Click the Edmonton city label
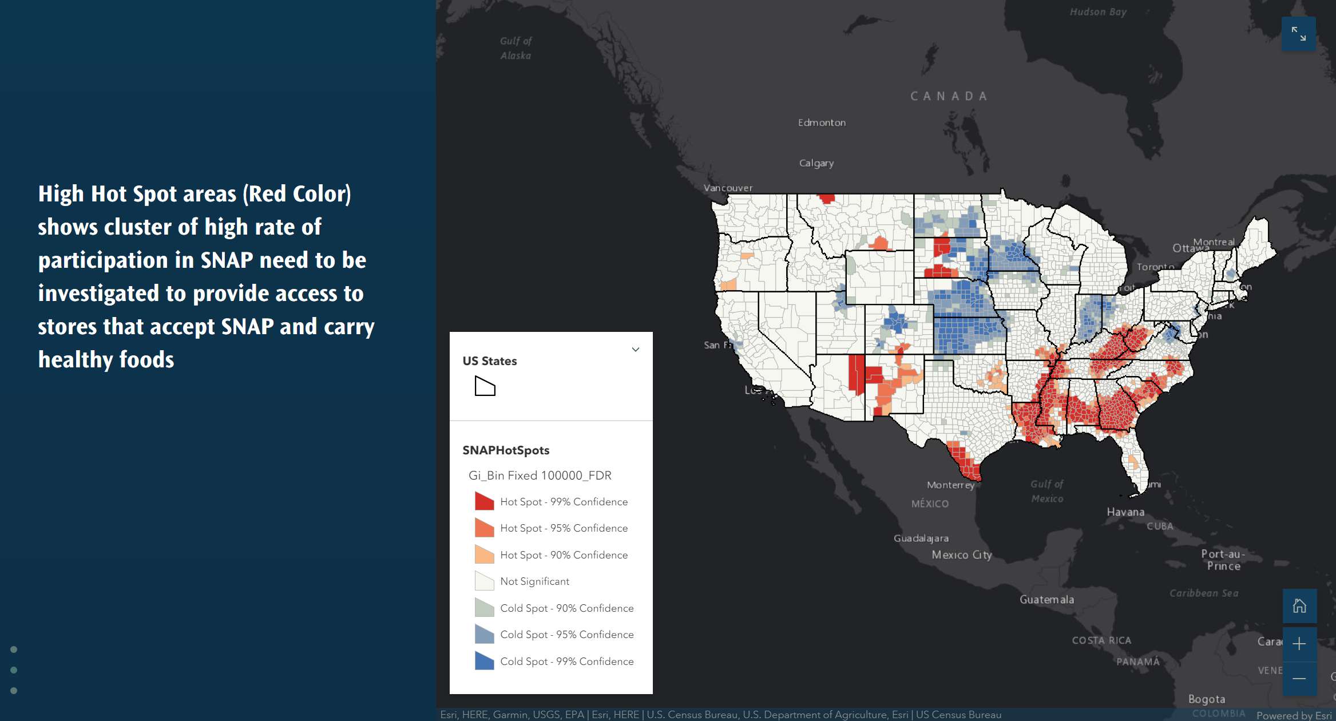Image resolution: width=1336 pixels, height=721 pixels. (x=822, y=122)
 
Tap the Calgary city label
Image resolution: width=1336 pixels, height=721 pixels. (x=816, y=163)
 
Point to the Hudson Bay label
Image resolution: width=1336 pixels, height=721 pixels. (x=1098, y=12)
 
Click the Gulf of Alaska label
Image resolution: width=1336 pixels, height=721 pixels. (x=516, y=48)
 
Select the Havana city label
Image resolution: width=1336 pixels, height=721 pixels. (x=1125, y=512)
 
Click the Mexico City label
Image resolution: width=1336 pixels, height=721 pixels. (x=961, y=554)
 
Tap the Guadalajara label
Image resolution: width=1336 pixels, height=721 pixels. (x=921, y=538)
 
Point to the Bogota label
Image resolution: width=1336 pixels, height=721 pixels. (x=1206, y=699)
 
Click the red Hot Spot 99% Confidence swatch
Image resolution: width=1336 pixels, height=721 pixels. (x=484, y=501)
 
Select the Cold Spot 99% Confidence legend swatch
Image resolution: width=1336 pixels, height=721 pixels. (x=484, y=661)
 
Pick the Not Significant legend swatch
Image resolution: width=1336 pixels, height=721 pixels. (x=484, y=581)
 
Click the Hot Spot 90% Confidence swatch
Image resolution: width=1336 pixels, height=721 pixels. (x=484, y=554)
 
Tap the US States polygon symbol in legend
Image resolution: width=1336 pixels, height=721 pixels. (x=485, y=386)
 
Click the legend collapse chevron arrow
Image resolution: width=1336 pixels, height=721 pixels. (x=635, y=349)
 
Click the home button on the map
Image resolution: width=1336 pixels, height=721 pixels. (x=1299, y=605)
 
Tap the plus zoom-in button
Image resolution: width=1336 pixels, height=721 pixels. (x=1299, y=643)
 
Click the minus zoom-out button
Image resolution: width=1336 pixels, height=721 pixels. (x=1299, y=679)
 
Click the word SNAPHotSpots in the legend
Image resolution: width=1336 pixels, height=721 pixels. (x=506, y=450)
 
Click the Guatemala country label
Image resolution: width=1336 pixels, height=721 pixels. (x=1046, y=599)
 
